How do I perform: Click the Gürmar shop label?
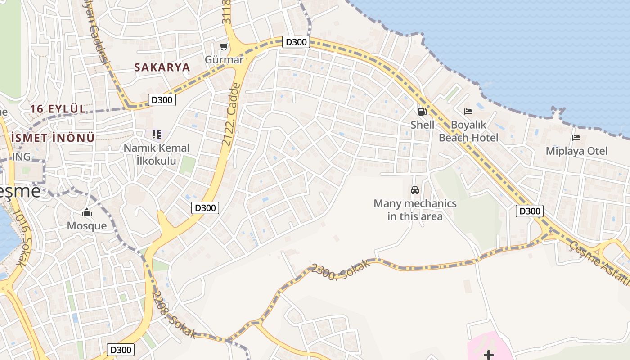point(224,59)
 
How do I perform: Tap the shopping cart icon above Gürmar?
point(224,47)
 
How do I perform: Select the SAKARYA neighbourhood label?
point(162,67)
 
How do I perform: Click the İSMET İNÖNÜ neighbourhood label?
point(53,138)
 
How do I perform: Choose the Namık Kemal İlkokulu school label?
point(157,154)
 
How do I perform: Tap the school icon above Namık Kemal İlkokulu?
point(156,134)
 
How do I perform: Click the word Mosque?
point(87,225)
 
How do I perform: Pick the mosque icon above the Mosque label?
point(87,213)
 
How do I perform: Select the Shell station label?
point(423,125)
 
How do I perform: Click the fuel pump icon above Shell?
point(422,111)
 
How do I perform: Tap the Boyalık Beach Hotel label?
point(468,131)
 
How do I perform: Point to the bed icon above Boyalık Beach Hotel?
point(468,111)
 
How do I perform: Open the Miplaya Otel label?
point(576,151)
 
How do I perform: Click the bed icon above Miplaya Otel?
point(576,138)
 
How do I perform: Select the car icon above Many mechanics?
point(415,190)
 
